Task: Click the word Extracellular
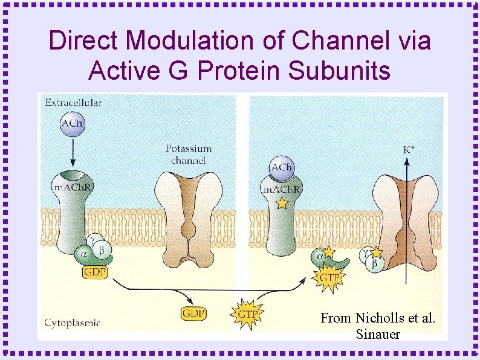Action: point(73,103)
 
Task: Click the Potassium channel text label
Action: point(189,154)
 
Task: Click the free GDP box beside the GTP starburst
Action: point(193,313)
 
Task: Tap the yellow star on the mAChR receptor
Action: point(281,204)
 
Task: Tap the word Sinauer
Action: point(378,334)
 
